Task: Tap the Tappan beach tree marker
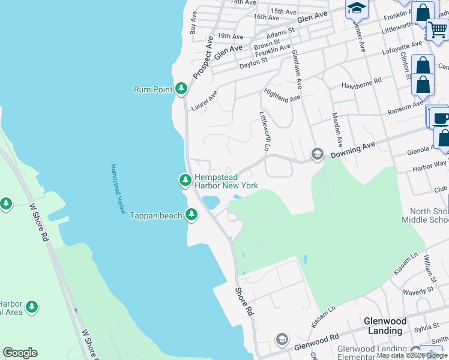tap(191, 214)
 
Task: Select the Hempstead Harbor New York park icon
tap(185, 179)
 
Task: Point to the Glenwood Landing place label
tap(385, 326)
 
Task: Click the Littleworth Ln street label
tap(263, 130)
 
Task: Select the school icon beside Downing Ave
tap(317, 155)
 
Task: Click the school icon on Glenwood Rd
tap(281, 340)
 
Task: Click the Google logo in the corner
tap(20, 353)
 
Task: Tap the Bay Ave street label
tap(194, 25)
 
